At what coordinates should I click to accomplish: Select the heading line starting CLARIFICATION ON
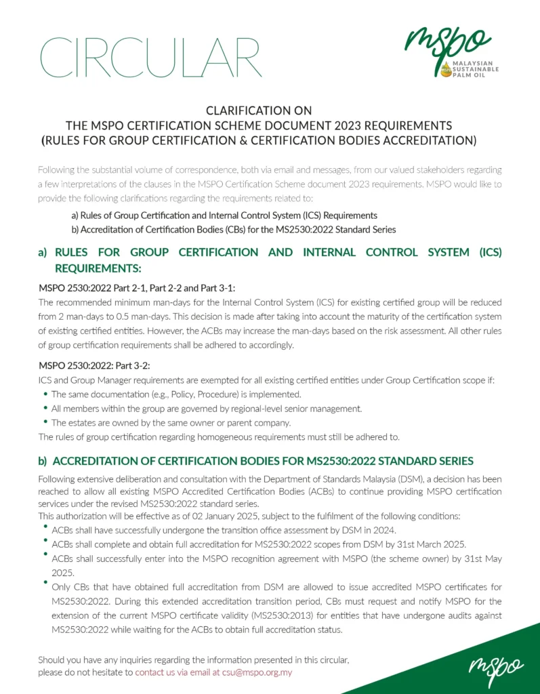(257, 110)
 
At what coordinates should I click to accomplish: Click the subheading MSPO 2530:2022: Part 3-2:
(94, 366)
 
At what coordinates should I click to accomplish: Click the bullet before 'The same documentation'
(45, 394)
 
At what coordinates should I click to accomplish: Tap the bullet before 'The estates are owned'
(45, 422)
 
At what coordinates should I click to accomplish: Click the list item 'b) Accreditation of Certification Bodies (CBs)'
(229, 229)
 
